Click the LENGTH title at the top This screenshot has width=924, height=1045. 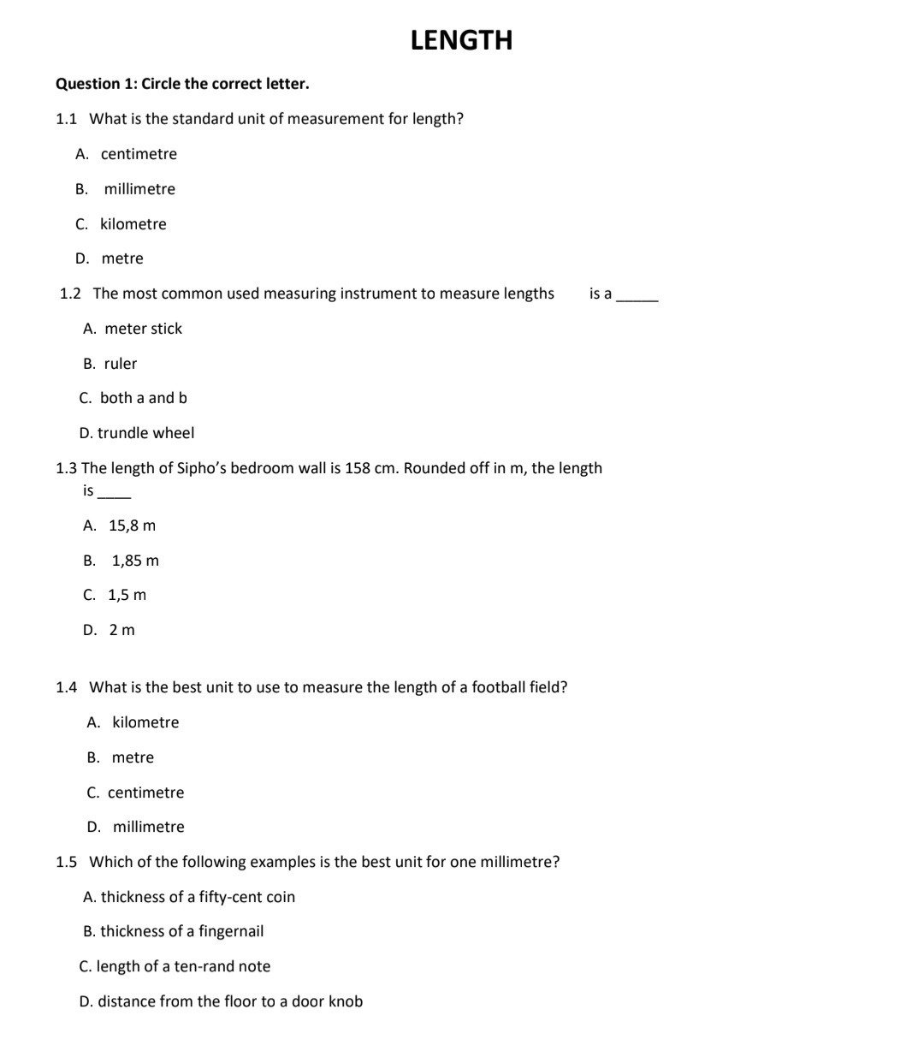pyautogui.click(x=461, y=40)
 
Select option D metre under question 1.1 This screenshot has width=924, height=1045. pyautogui.click(x=121, y=258)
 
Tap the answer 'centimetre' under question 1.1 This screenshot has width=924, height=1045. pyautogui.click(x=139, y=154)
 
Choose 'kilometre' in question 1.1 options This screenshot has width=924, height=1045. pyautogui.click(x=133, y=224)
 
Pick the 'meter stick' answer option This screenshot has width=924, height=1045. pyautogui.click(x=143, y=329)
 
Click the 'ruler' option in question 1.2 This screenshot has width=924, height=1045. pyautogui.click(x=120, y=364)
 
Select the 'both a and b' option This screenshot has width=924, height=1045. pyautogui.click(x=143, y=398)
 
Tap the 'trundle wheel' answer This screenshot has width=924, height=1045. pyautogui.click(x=145, y=433)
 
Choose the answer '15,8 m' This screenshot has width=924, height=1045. pyautogui.click(x=132, y=525)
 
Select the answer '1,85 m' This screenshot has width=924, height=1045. pyautogui.click(x=135, y=561)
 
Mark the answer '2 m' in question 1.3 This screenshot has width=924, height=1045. pyautogui.click(x=121, y=630)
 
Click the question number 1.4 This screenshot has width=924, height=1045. pyautogui.click(x=67, y=687)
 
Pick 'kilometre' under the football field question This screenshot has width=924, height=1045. pyautogui.click(x=145, y=722)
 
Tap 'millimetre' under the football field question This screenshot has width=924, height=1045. pyautogui.click(x=148, y=827)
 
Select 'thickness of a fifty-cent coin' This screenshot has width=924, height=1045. pyautogui.click(x=198, y=897)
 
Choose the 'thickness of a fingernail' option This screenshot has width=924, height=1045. pyautogui.click(x=181, y=931)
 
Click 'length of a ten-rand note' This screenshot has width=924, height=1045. pyautogui.click(x=183, y=966)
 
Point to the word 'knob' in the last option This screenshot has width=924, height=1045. pyautogui.click(x=345, y=1001)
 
